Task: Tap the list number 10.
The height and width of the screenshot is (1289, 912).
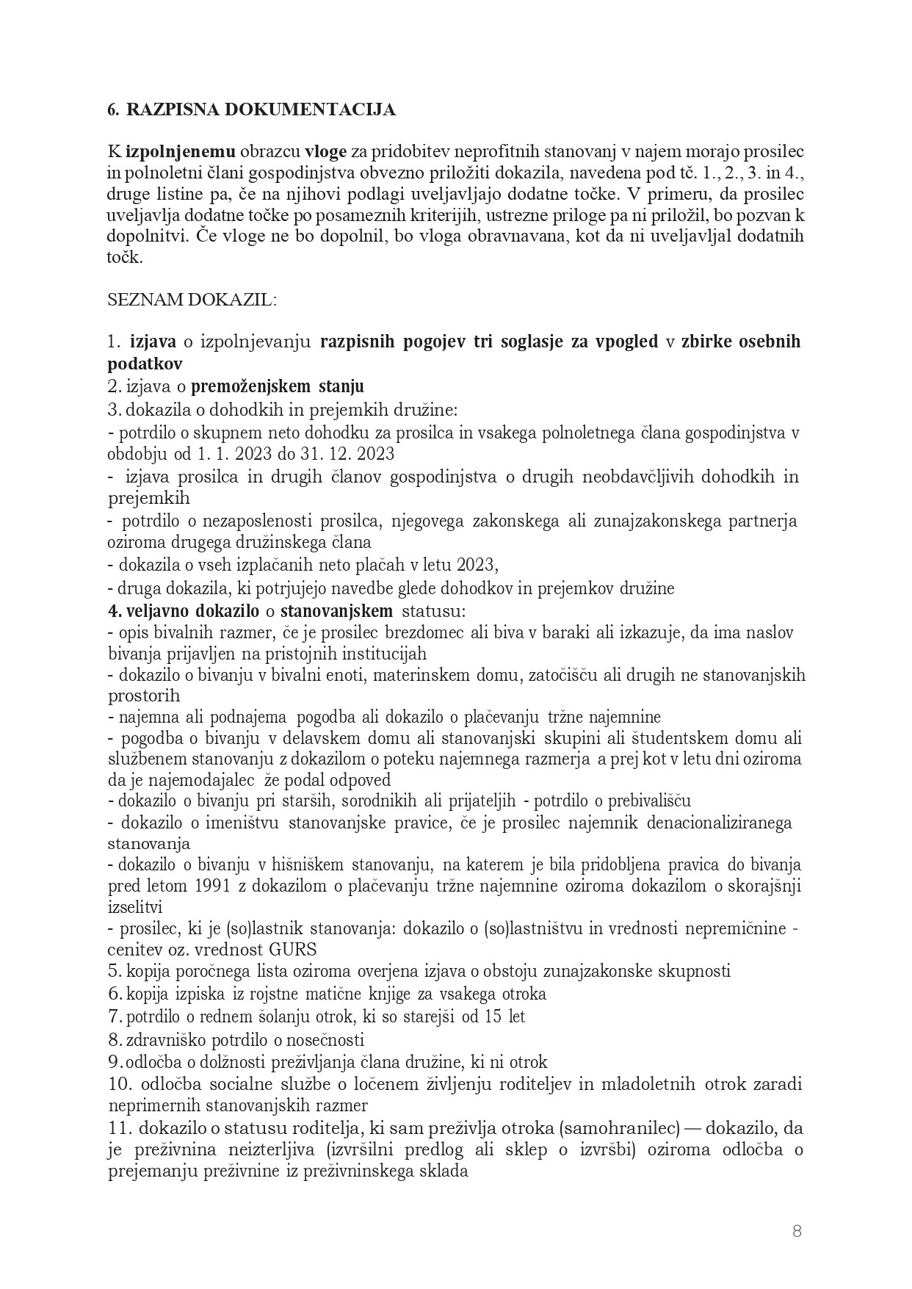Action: [x=119, y=1084]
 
